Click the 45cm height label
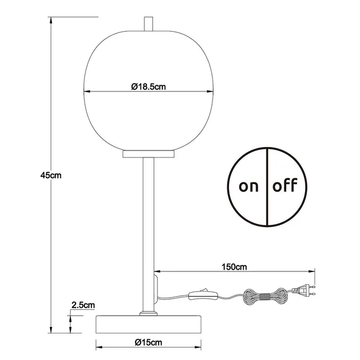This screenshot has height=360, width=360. tap(51, 175)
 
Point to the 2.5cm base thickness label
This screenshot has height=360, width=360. tap(83, 305)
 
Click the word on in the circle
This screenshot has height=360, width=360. tap(248, 186)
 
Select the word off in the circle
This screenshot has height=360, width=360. tap(286, 186)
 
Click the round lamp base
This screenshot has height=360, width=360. tap(148, 323)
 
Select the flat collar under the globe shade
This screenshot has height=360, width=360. tap(148, 155)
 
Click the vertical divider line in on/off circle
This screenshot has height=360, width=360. tap(267, 186)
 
